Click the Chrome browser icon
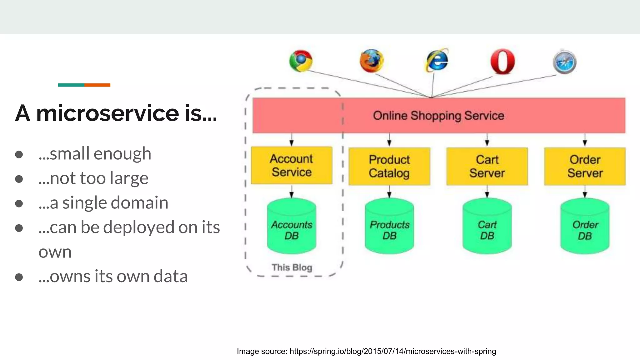click(301, 61)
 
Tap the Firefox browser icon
click(371, 61)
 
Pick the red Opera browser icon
click(502, 61)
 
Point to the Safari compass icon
click(564, 62)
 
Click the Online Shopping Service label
click(438, 116)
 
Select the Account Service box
click(292, 165)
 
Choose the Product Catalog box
click(389, 167)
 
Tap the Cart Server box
click(487, 167)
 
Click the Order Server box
click(585, 167)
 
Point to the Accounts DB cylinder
click(292, 227)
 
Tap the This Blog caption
click(292, 267)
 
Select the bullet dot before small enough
click(19, 154)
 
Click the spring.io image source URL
click(392, 351)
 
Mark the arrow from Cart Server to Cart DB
click(487, 191)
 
